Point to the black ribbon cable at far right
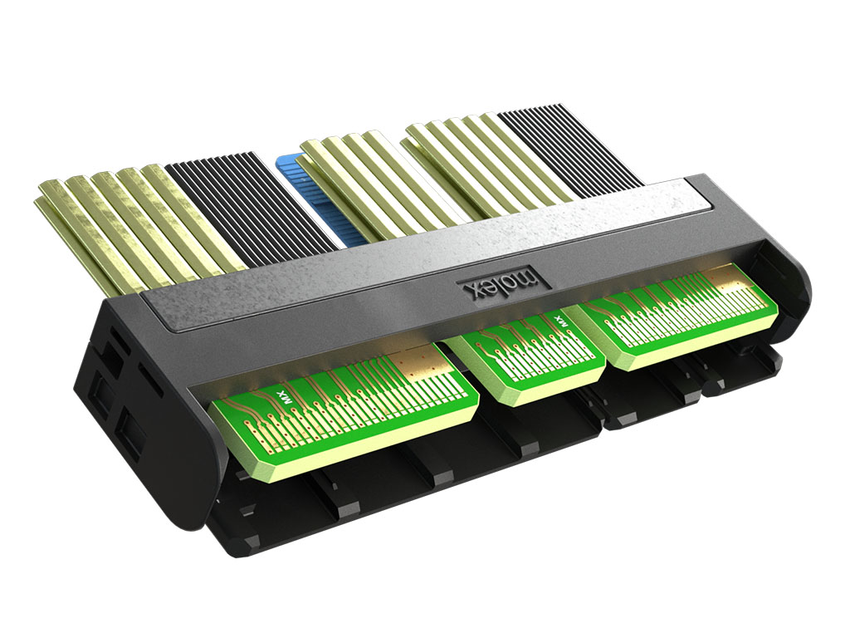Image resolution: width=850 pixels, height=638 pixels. click(569, 152)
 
